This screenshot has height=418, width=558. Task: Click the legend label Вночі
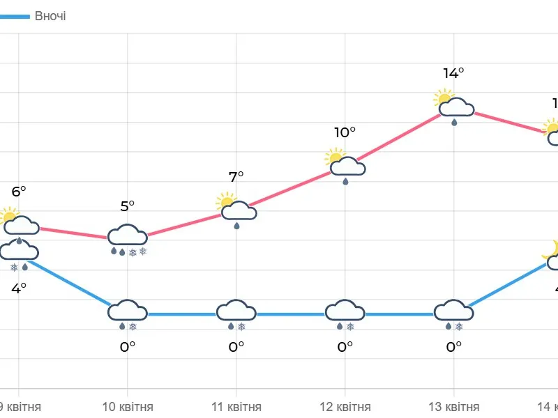50,15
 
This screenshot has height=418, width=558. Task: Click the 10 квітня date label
128,407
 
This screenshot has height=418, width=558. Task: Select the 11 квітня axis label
236,407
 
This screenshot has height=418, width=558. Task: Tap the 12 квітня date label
345,407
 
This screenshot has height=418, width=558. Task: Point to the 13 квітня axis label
454,407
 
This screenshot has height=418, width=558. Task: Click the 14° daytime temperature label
453,72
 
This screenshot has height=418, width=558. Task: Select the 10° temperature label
345,132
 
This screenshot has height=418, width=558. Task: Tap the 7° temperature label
236,177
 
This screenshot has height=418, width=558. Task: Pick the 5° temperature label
127,206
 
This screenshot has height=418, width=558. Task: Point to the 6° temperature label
19,191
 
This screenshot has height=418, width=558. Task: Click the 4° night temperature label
19,287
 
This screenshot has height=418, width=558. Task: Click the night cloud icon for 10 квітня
128,312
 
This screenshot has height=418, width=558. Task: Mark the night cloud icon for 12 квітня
345,312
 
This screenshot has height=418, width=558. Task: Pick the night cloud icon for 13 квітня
454,312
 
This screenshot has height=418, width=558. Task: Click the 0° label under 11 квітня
236,346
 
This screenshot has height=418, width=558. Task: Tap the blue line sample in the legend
14,15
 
